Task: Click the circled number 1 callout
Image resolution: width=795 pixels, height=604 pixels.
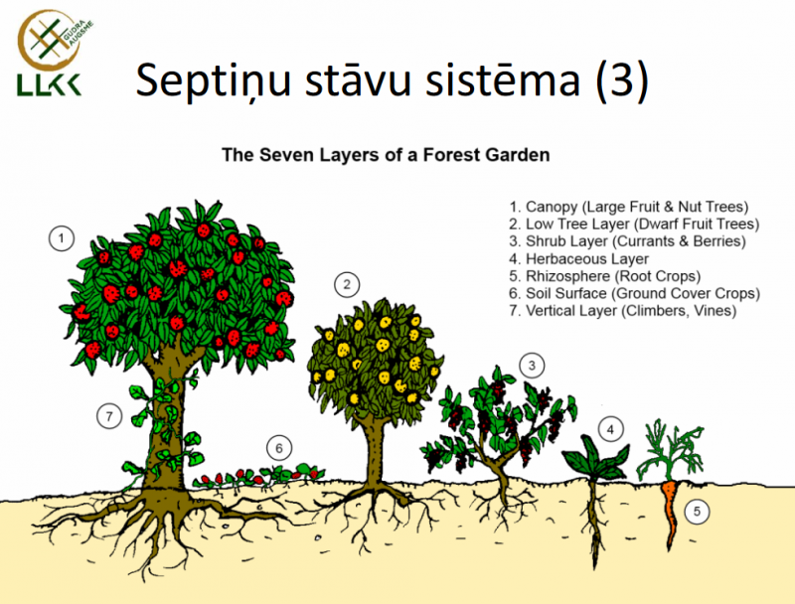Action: pos(62,238)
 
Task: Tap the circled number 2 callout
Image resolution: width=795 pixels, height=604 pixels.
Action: pos(347,284)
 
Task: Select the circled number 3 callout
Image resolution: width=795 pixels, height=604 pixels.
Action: pos(532,366)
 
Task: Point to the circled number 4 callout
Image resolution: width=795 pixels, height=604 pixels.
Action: pos(610,430)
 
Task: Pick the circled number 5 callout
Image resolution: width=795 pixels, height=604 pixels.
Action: pos(697,512)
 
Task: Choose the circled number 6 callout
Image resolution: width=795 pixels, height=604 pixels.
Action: pos(279,448)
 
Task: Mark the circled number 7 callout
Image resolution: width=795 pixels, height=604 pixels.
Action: pos(109,416)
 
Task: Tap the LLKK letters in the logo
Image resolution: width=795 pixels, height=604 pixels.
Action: pos(49,85)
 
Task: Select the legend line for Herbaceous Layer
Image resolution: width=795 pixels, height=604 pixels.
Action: pos(579,259)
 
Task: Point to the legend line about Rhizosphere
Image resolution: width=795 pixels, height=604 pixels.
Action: pos(605,276)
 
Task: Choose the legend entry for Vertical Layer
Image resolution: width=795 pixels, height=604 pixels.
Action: pos(623,311)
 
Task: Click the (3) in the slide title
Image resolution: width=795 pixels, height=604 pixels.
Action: pos(622,81)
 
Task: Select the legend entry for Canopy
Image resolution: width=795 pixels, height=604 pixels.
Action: pos(629,207)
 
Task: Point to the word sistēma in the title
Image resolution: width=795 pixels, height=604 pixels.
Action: pos(503,80)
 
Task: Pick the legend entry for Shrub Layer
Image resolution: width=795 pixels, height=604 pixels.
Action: pos(627,241)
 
